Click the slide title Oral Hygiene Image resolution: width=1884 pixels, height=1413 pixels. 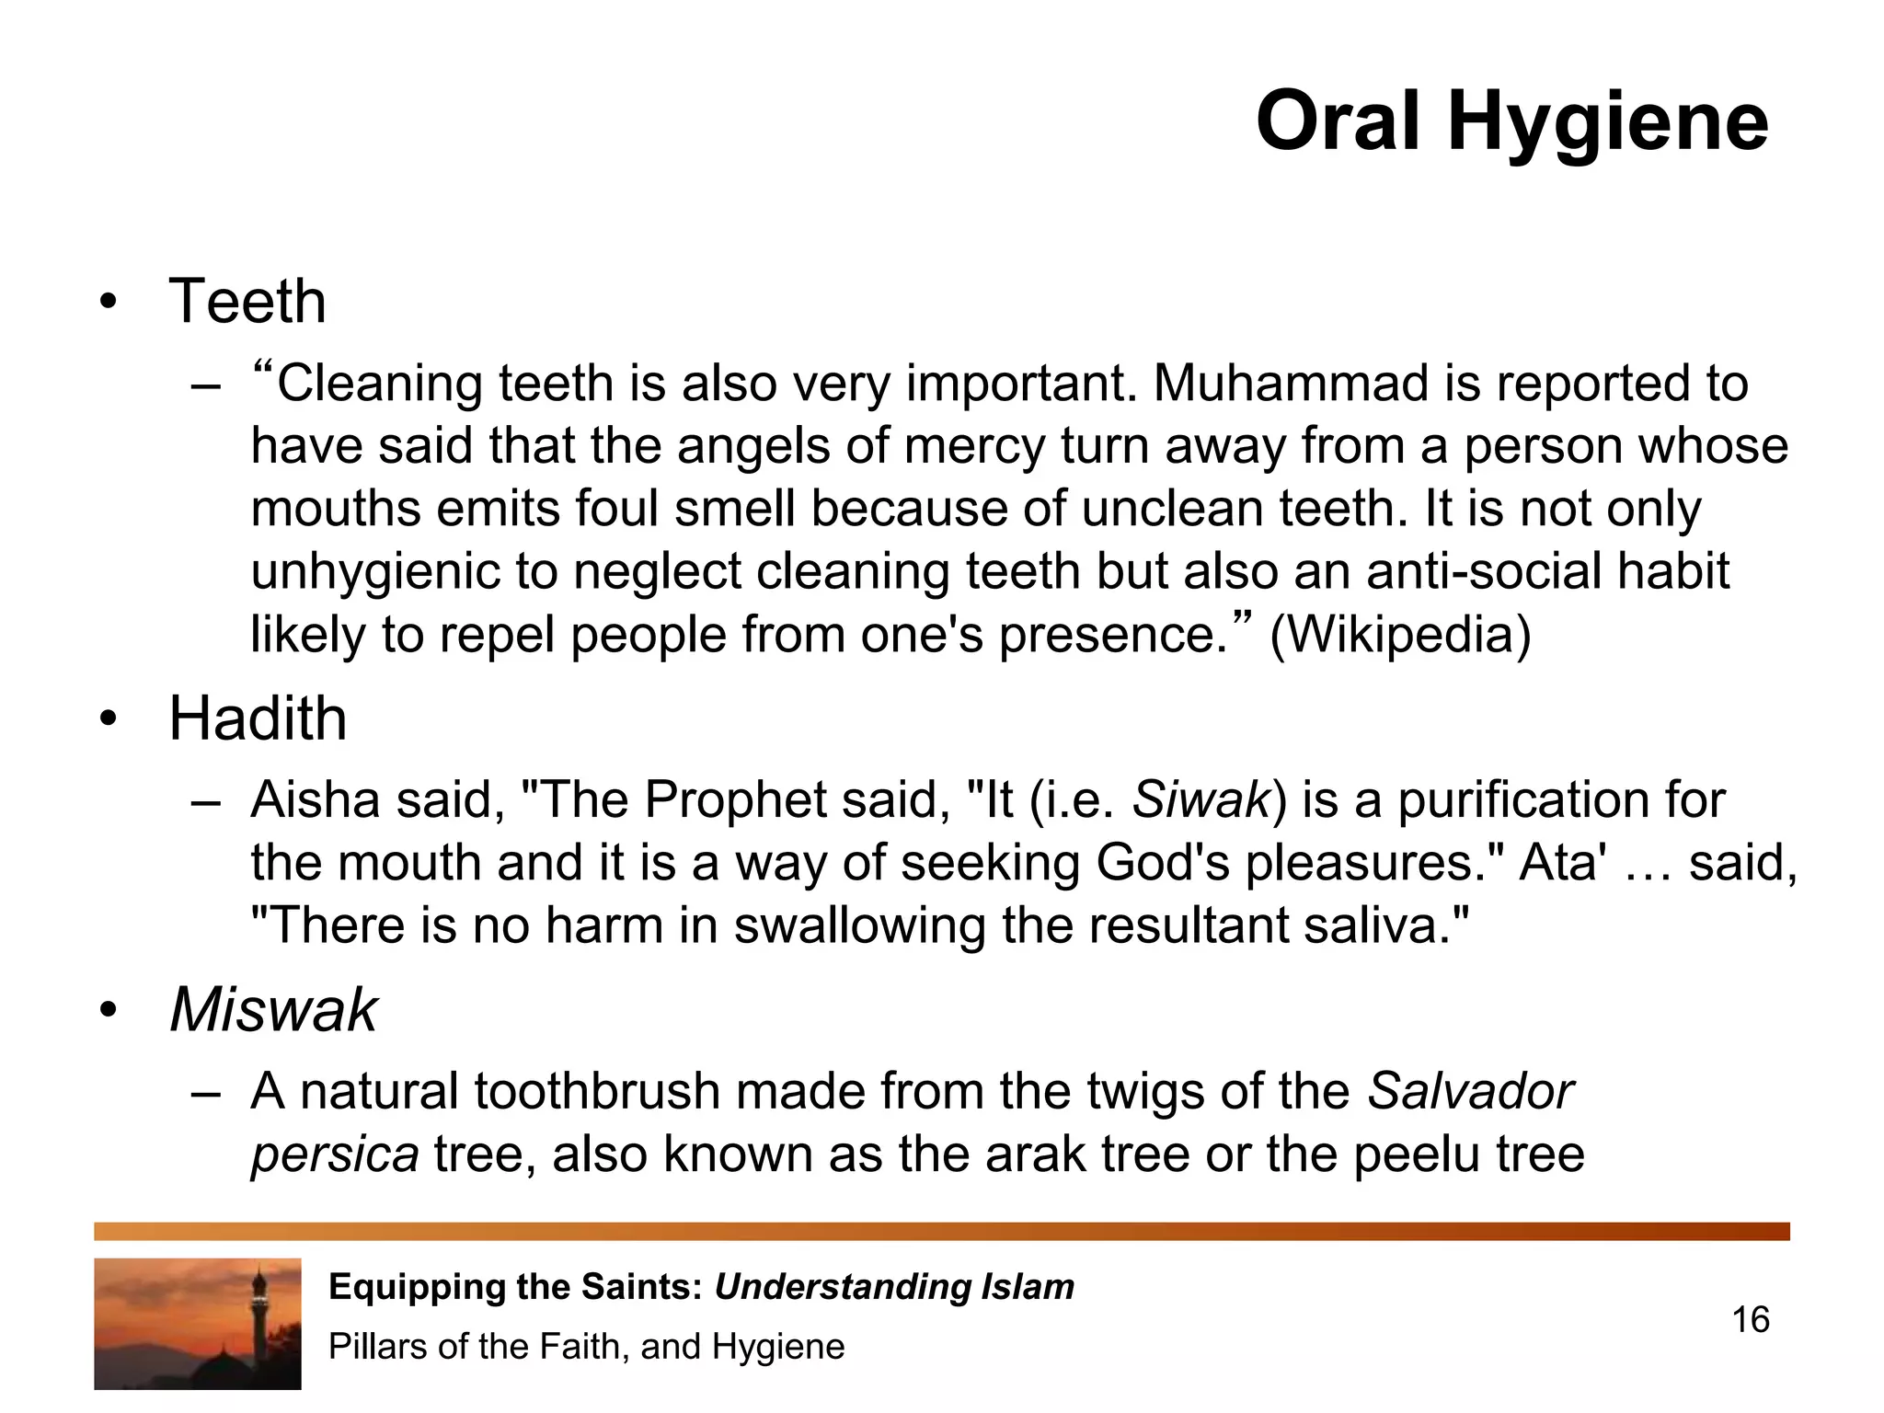point(1511,121)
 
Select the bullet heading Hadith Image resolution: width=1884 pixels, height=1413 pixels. point(258,718)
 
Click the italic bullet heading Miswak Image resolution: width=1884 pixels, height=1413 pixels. point(273,1010)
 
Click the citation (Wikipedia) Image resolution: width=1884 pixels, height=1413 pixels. point(1400,635)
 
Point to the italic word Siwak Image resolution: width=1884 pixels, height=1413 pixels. point(1200,799)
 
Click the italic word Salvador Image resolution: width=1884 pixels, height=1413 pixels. point(1470,1092)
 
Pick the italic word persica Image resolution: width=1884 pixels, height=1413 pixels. point(335,1155)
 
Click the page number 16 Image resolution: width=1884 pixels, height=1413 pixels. point(1750,1320)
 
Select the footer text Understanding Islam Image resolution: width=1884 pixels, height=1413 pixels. point(894,1287)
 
